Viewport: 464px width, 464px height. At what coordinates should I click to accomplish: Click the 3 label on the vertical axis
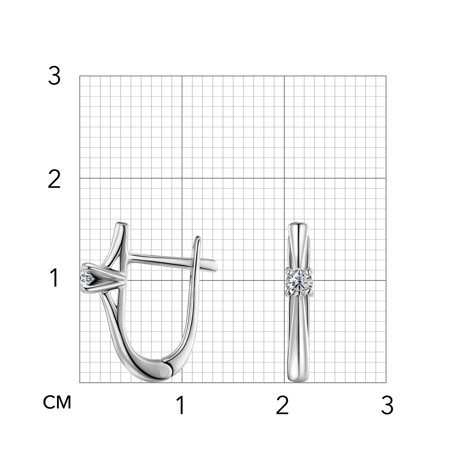tap(54, 76)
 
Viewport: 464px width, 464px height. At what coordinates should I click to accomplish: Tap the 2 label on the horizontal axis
tap(282, 405)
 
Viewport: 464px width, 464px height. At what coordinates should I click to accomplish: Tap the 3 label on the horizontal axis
tap(387, 405)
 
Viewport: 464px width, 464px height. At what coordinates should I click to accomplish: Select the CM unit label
tap(57, 402)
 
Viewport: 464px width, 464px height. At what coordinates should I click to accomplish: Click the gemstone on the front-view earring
tap(299, 281)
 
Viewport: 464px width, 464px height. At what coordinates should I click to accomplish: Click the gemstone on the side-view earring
tap(87, 278)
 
